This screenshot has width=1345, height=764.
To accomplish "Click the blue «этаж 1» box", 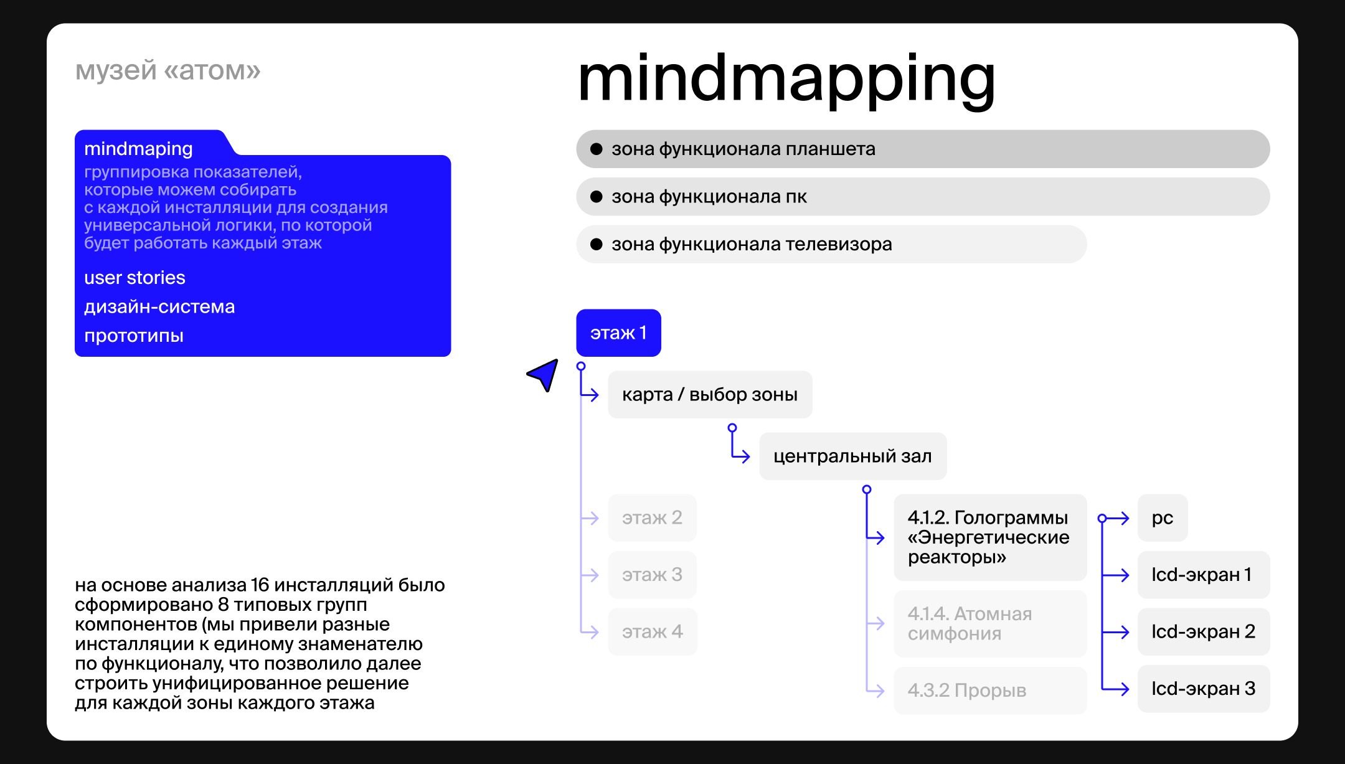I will (x=618, y=333).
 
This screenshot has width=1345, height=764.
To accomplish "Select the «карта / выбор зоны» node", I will (x=710, y=395).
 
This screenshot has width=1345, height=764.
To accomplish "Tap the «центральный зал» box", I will (x=852, y=456).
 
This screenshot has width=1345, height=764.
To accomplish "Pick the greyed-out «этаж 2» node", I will (x=652, y=518).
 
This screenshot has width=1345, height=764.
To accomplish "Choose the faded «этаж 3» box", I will (x=652, y=575).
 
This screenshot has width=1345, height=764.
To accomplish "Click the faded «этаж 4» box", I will (x=652, y=632).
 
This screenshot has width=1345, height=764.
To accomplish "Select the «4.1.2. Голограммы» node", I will (x=989, y=537).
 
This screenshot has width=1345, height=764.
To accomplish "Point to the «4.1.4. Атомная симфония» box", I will (x=989, y=624).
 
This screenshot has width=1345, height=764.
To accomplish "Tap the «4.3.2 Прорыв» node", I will (x=989, y=691).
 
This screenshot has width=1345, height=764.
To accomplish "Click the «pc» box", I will (x=1163, y=518).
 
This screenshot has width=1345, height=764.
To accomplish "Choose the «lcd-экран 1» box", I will (x=1203, y=575).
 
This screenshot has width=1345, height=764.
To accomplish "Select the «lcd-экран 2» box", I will (x=1203, y=632).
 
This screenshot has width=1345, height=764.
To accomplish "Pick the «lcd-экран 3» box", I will (x=1203, y=689).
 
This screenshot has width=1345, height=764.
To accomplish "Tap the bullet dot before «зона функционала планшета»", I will (x=597, y=149).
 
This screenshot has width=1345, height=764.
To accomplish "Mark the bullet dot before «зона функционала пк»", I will (x=597, y=197).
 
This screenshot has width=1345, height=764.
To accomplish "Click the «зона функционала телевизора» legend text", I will (x=752, y=244).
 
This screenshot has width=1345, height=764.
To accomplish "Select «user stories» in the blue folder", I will (x=134, y=278).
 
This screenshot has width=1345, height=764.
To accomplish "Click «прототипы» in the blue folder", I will (x=134, y=336).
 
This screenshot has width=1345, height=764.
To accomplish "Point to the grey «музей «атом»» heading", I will (x=168, y=70).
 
